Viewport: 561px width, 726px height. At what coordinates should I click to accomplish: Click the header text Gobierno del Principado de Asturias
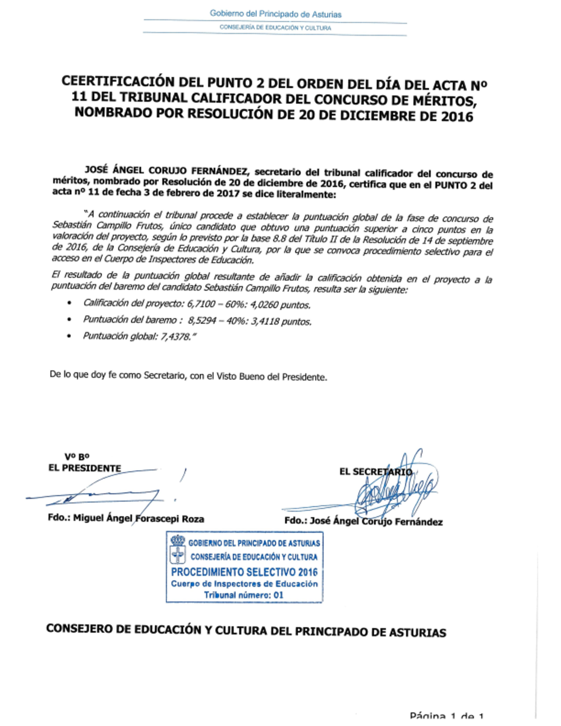(x=275, y=13)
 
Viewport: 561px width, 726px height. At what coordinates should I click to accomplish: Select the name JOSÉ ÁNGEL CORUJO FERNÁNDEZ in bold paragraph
(x=165, y=169)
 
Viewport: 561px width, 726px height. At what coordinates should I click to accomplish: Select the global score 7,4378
(x=174, y=337)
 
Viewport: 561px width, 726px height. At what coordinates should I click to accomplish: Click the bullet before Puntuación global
(x=70, y=337)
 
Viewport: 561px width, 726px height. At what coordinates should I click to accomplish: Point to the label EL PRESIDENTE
(x=85, y=468)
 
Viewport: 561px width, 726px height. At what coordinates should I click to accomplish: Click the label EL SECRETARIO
(x=375, y=472)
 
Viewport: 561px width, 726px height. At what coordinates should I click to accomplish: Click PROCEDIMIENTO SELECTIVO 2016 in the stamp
(x=244, y=572)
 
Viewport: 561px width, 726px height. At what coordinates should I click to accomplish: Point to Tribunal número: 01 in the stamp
(x=243, y=595)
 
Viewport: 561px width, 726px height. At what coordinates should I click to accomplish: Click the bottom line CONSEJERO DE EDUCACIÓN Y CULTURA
(x=246, y=631)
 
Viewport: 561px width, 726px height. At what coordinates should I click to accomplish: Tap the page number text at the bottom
(x=447, y=716)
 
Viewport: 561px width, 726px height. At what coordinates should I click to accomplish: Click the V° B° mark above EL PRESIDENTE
(x=77, y=457)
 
